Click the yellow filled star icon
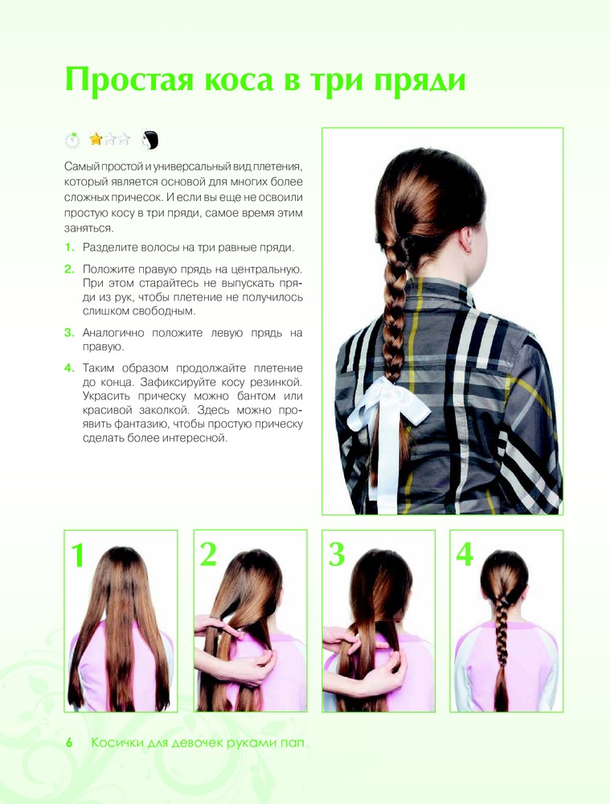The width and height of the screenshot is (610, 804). (x=96, y=139)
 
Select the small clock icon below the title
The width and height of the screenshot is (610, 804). (x=72, y=139)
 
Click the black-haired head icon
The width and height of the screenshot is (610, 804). (x=149, y=140)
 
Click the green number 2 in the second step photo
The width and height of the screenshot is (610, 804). (x=208, y=554)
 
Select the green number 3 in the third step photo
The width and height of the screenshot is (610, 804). (x=337, y=554)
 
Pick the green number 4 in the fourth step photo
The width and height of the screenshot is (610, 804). (x=465, y=554)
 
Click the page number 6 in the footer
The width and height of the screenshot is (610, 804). (x=69, y=742)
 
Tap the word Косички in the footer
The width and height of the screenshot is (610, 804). (x=116, y=742)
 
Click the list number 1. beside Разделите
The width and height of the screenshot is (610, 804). (x=70, y=248)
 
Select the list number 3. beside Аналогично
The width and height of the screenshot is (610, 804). (x=70, y=333)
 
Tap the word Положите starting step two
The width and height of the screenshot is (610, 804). (x=107, y=269)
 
